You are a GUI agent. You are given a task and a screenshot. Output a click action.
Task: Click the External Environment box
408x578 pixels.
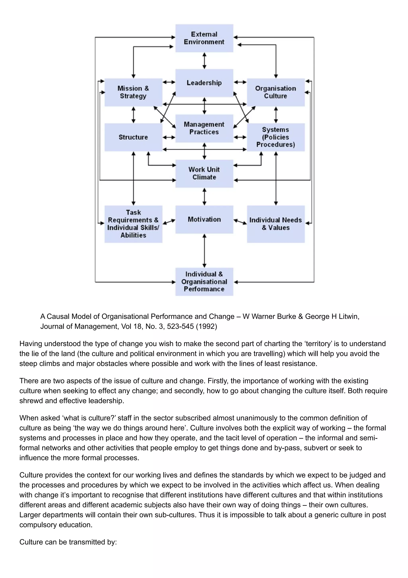(x=204, y=38)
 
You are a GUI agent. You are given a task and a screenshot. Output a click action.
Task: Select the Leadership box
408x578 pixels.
(x=204, y=83)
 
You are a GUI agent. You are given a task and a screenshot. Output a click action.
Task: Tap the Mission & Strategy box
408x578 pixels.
(x=133, y=92)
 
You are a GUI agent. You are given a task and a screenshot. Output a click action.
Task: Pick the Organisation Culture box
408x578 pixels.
(x=276, y=92)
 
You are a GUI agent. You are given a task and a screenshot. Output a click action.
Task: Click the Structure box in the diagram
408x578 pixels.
(x=133, y=137)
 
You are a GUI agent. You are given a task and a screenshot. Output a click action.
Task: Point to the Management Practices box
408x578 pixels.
(x=204, y=128)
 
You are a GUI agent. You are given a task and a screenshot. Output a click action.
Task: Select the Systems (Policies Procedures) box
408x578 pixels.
(x=276, y=137)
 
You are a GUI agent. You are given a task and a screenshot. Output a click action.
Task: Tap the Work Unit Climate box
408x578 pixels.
(x=204, y=174)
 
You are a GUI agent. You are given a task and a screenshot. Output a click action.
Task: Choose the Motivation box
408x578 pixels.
(x=204, y=219)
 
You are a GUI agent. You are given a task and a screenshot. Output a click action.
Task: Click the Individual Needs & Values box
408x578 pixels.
(x=276, y=224)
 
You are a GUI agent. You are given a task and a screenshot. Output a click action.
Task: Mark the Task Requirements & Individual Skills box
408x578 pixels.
(x=133, y=224)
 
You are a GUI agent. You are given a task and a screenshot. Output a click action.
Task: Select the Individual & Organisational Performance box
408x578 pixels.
(x=204, y=281)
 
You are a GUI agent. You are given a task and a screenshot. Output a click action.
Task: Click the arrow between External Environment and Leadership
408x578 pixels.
(x=204, y=61)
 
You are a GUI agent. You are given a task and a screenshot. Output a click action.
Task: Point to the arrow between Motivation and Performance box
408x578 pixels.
(x=204, y=251)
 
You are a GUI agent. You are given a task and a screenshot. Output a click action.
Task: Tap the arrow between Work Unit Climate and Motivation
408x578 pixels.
(x=204, y=197)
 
